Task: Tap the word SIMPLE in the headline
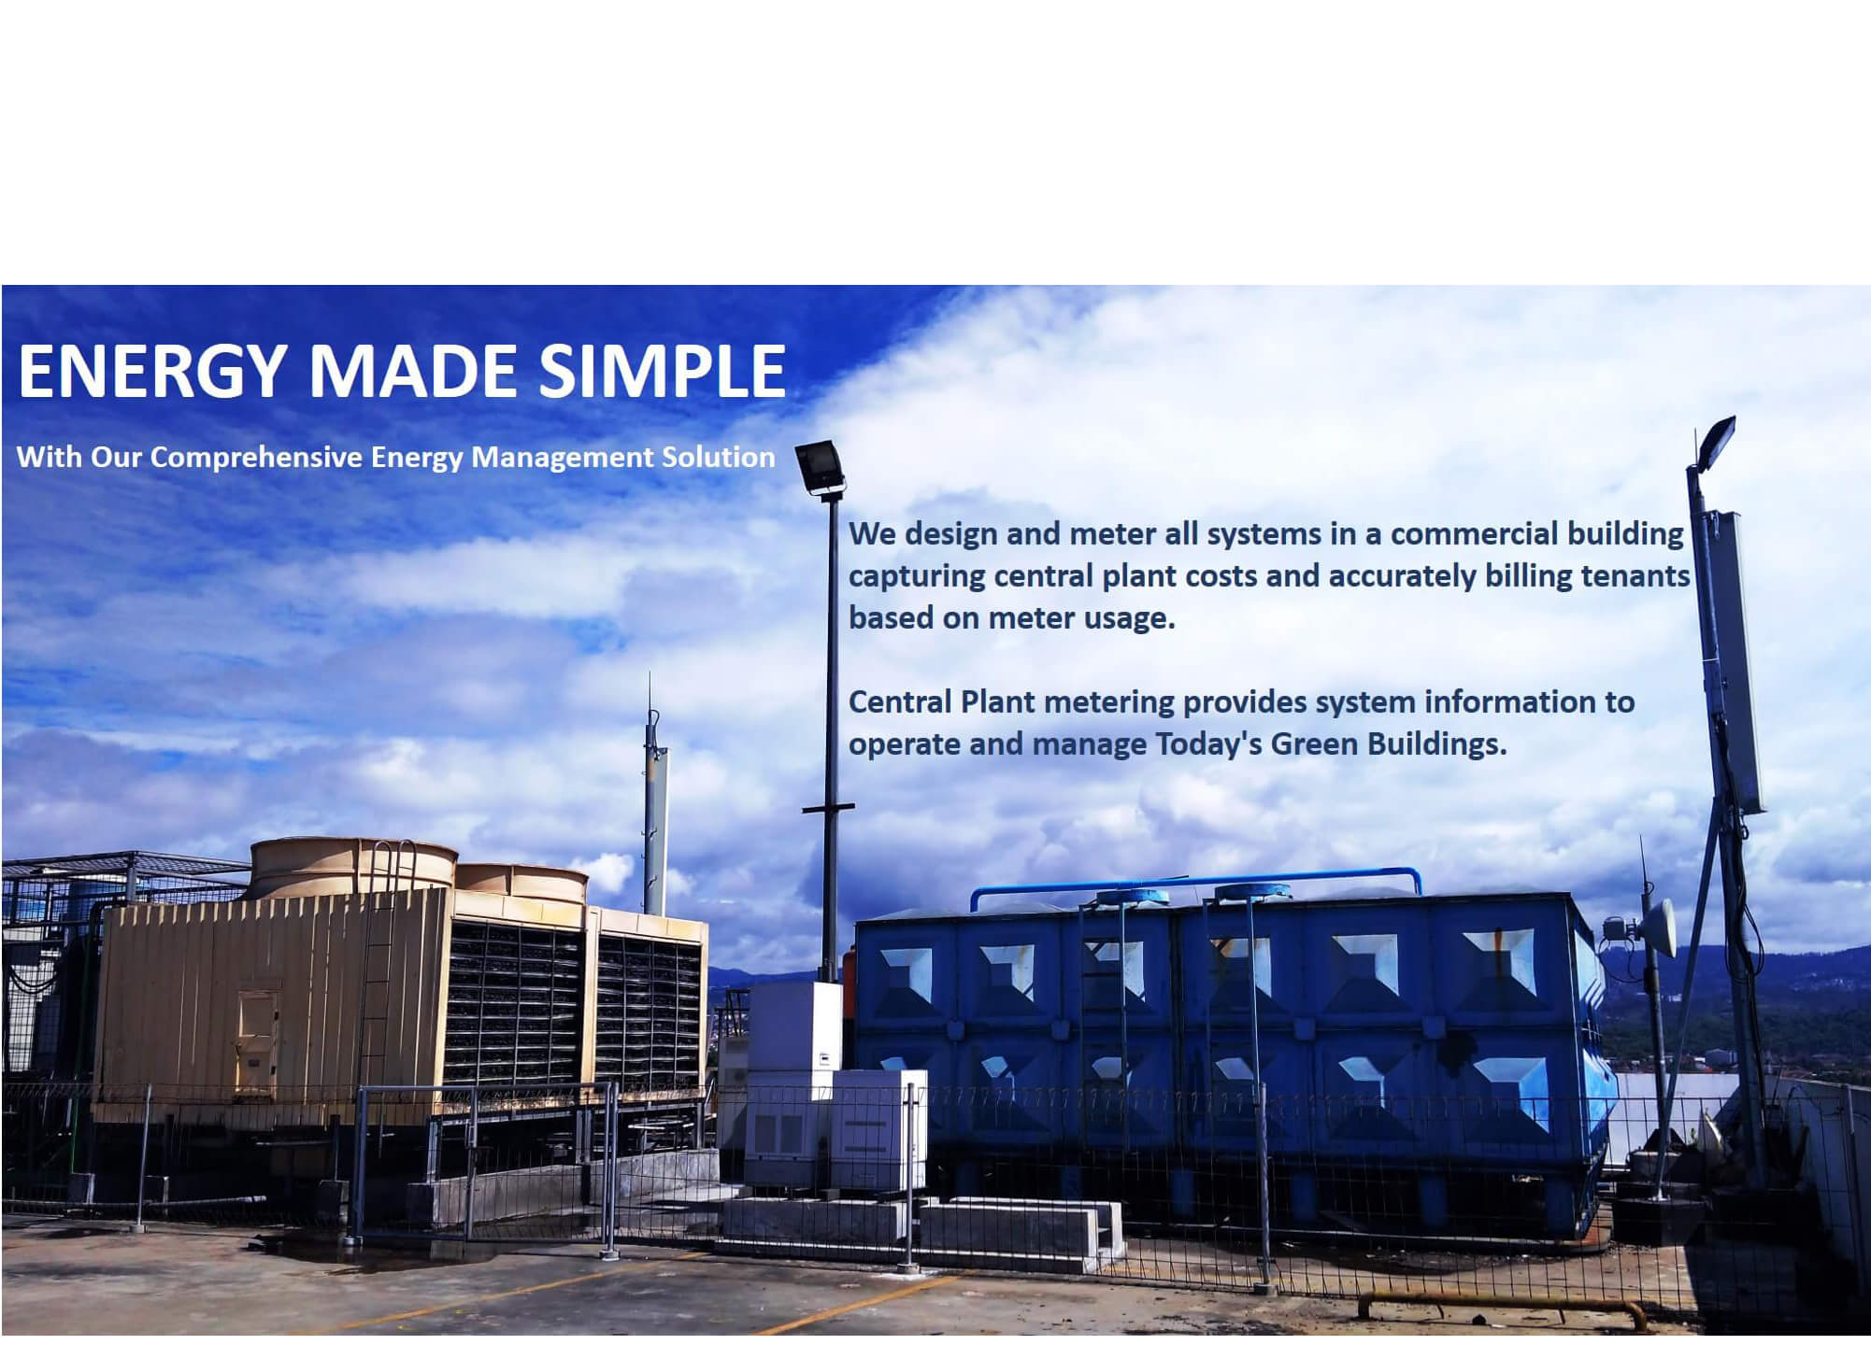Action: pyautogui.click(x=663, y=371)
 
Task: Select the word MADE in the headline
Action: pyautogui.click(x=411, y=371)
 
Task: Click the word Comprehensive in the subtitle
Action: pyautogui.click(x=256, y=458)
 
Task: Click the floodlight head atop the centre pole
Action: pyautogui.click(x=820, y=469)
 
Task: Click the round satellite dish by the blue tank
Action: pyautogui.click(x=1656, y=927)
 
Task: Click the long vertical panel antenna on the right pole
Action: pyautogui.click(x=1740, y=661)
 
